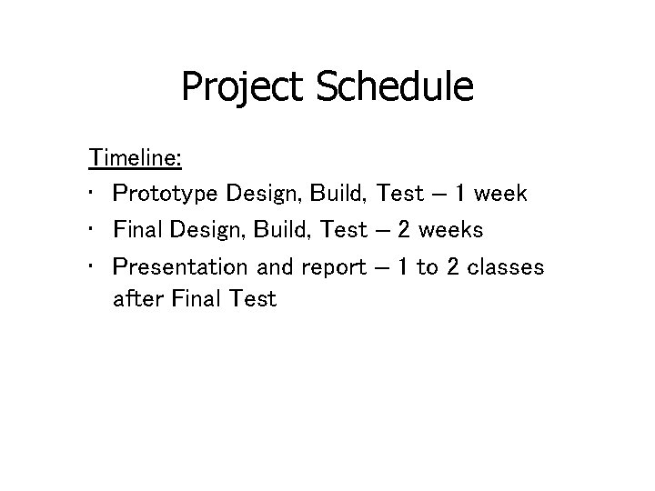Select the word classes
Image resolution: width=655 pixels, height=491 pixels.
pos(505,266)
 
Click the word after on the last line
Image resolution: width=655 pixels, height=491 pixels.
pos(138,297)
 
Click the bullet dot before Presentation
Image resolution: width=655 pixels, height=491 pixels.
pos(94,266)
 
